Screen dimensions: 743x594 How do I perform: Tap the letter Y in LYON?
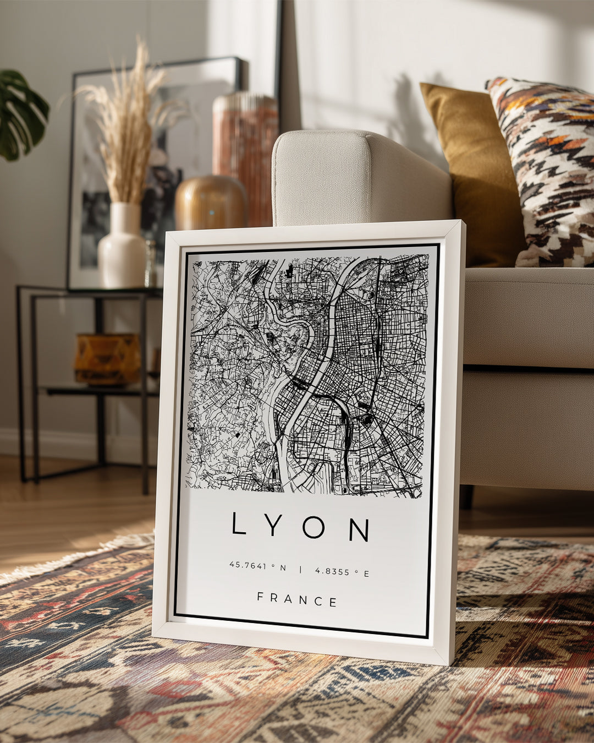(274, 526)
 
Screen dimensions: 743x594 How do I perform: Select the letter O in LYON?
(313, 528)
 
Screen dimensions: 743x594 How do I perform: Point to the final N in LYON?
(359, 530)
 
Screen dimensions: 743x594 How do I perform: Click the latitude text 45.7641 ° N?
(257, 566)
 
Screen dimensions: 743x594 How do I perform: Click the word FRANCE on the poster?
(297, 599)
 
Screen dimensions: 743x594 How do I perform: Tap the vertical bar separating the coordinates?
(300, 569)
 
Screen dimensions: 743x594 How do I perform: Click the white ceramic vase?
(122, 248)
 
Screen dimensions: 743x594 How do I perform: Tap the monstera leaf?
(22, 116)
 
